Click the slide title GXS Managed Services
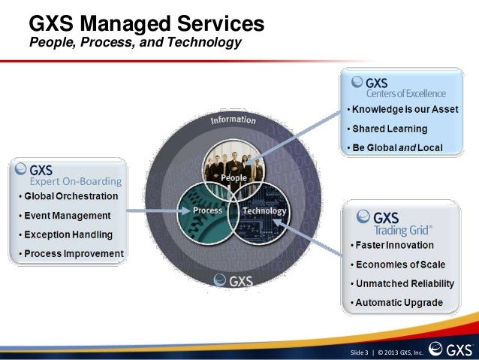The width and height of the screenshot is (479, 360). [146, 23]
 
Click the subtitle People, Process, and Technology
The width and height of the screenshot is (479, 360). [134, 43]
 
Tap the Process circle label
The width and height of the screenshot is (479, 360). [208, 210]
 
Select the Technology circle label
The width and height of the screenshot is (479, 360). [264, 210]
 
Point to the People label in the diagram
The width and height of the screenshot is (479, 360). [234, 177]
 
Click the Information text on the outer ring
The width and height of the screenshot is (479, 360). [233, 123]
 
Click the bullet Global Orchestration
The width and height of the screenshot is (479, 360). [71, 196]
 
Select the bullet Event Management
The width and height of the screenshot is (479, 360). [66, 216]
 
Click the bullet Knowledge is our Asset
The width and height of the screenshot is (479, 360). [405, 110]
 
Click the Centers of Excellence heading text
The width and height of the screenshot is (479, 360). [405, 94]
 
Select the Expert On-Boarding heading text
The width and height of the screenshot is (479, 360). [75, 180]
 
